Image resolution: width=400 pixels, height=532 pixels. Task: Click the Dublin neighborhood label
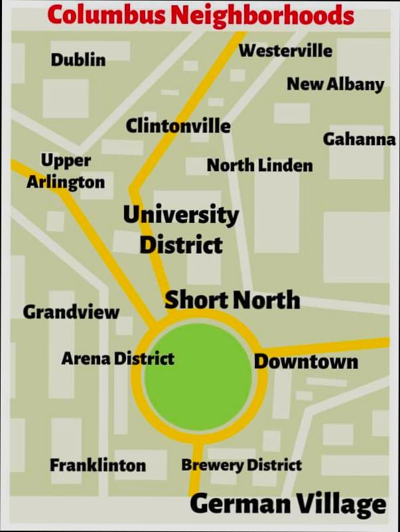click(78, 60)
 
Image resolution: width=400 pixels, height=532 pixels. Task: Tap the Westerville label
click(285, 50)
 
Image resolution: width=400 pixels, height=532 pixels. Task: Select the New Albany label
click(335, 84)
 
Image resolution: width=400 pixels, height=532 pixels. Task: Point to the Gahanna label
click(359, 140)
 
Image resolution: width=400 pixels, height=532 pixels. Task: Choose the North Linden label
click(259, 165)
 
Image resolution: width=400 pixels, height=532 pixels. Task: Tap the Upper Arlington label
click(66, 171)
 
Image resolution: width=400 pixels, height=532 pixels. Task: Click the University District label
click(180, 230)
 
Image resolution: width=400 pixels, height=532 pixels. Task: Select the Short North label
click(232, 300)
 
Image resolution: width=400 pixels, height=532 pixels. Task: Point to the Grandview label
click(71, 312)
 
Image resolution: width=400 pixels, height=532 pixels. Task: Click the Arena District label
click(118, 359)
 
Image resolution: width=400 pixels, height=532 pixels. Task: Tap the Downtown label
click(306, 362)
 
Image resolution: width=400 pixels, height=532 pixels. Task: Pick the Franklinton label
click(98, 465)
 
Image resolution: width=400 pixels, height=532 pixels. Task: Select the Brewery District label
click(241, 465)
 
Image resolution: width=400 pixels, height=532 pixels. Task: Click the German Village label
click(287, 504)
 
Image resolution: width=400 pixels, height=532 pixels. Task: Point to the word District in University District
click(180, 245)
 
